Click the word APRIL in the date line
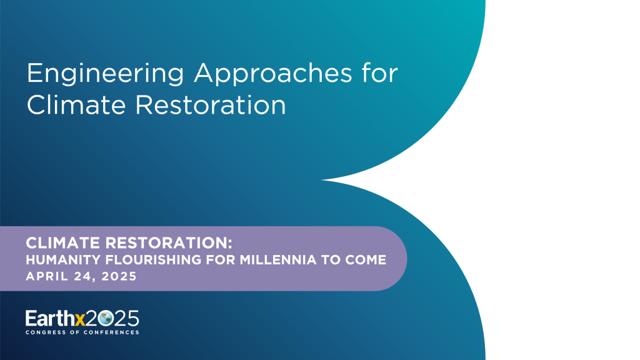click(44, 276)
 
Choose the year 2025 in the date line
click(117, 276)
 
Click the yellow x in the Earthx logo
click(79, 319)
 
